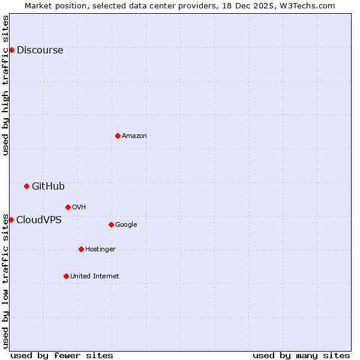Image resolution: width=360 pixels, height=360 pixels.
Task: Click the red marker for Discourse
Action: (x=11, y=50)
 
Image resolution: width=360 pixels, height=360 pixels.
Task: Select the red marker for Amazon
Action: (x=118, y=136)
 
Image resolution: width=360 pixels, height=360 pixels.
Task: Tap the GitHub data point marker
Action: (x=26, y=186)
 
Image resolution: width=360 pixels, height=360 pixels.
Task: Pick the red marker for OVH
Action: (x=68, y=207)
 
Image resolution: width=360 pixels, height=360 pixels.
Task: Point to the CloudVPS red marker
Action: (x=11, y=220)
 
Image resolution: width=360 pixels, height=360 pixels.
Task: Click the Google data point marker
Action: (x=111, y=224)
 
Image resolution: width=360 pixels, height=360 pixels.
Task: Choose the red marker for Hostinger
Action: (x=81, y=249)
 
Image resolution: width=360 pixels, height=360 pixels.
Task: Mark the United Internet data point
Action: (x=66, y=276)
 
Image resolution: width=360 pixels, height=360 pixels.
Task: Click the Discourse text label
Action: (x=40, y=50)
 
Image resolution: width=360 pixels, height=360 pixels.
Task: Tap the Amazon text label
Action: (x=134, y=136)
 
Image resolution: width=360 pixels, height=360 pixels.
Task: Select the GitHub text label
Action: (x=48, y=187)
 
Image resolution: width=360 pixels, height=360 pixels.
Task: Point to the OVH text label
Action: (x=79, y=208)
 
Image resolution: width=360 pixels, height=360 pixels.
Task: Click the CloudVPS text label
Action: (x=39, y=220)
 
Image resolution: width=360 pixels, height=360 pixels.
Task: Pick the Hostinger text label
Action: (x=100, y=250)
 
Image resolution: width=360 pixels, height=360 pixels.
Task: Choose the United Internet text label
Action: (x=95, y=277)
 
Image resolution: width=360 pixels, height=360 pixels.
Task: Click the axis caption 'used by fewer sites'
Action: (x=62, y=355)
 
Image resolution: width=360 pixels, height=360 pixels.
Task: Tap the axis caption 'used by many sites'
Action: (x=301, y=355)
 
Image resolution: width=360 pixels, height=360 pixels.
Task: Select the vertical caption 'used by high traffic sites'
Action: (x=6, y=85)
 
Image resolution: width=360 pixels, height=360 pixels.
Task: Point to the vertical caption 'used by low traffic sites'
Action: (x=6, y=281)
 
